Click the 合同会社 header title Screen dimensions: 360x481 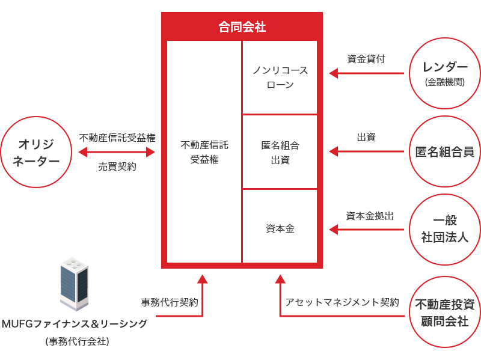tap(242, 27)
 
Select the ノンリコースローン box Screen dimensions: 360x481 tap(280, 78)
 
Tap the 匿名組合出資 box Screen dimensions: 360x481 tap(280, 153)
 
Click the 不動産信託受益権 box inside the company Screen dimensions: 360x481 tap(204, 152)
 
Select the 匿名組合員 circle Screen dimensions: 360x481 tap(445, 152)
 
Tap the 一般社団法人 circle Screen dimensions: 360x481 tap(445, 229)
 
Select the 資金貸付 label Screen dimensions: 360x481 tap(366, 59)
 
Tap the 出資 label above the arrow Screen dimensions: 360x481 tap(366, 138)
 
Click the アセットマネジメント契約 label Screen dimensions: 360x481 tap(342, 302)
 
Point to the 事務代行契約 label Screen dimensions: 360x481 tap(170, 302)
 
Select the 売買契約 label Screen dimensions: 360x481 tap(117, 167)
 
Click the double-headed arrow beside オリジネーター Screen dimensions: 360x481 tap(117, 152)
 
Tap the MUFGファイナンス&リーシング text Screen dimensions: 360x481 tap(75, 324)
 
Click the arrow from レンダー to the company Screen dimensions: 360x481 tap(366, 73)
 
